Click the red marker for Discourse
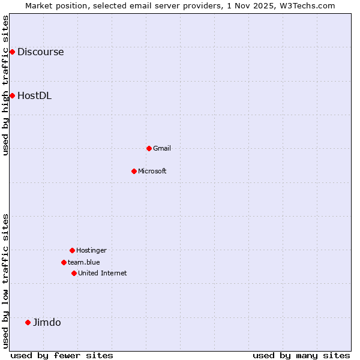pos(12,52)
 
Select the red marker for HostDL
pos(12,95)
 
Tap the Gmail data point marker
pos(149,148)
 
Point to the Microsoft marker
pos(134,171)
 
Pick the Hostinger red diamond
pos(72,250)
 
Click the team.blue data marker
pos(64,262)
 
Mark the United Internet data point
pos(74,273)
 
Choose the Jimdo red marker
pos(28,322)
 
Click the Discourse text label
pos(40,52)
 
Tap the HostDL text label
pos(34,95)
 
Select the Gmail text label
pos(162,148)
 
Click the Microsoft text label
pos(152,171)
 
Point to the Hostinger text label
pos(91,250)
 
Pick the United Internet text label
pos(103,273)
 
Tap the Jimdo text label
pos(47,322)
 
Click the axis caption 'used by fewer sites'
pos(62,355)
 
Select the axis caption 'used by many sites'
pos(301,355)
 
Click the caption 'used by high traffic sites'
pos(6,85)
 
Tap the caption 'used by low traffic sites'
pos(6,281)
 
